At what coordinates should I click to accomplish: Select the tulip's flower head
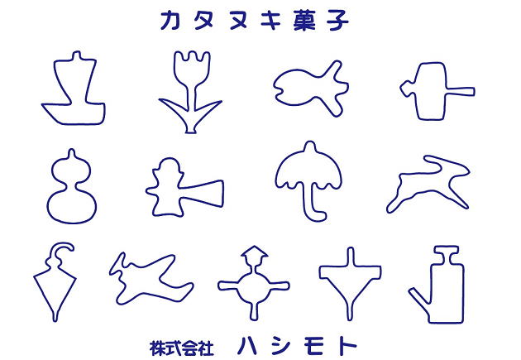(192, 68)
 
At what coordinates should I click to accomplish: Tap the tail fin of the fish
(337, 88)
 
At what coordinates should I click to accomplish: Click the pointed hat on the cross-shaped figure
(255, 253)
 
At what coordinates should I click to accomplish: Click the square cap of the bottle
(447, 252)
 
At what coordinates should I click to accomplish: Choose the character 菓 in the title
(304, 21)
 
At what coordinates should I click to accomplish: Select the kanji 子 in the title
(337, 21)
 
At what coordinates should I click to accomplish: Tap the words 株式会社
(181, 348)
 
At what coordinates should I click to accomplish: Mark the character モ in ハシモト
(313, 346)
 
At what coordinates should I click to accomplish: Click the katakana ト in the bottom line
(347, 346)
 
